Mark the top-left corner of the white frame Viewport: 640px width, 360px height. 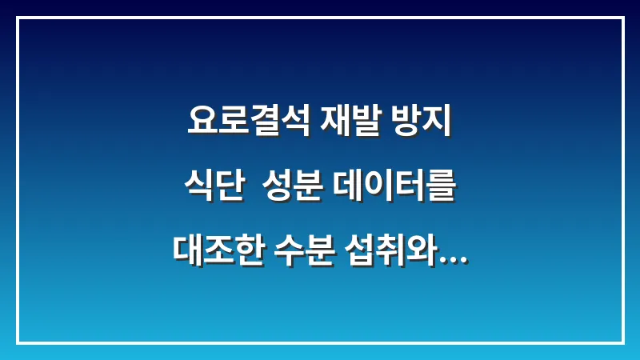18,18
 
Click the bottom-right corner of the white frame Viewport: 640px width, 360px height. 622,342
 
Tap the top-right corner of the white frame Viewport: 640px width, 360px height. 622,18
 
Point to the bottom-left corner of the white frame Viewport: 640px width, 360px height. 18,342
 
